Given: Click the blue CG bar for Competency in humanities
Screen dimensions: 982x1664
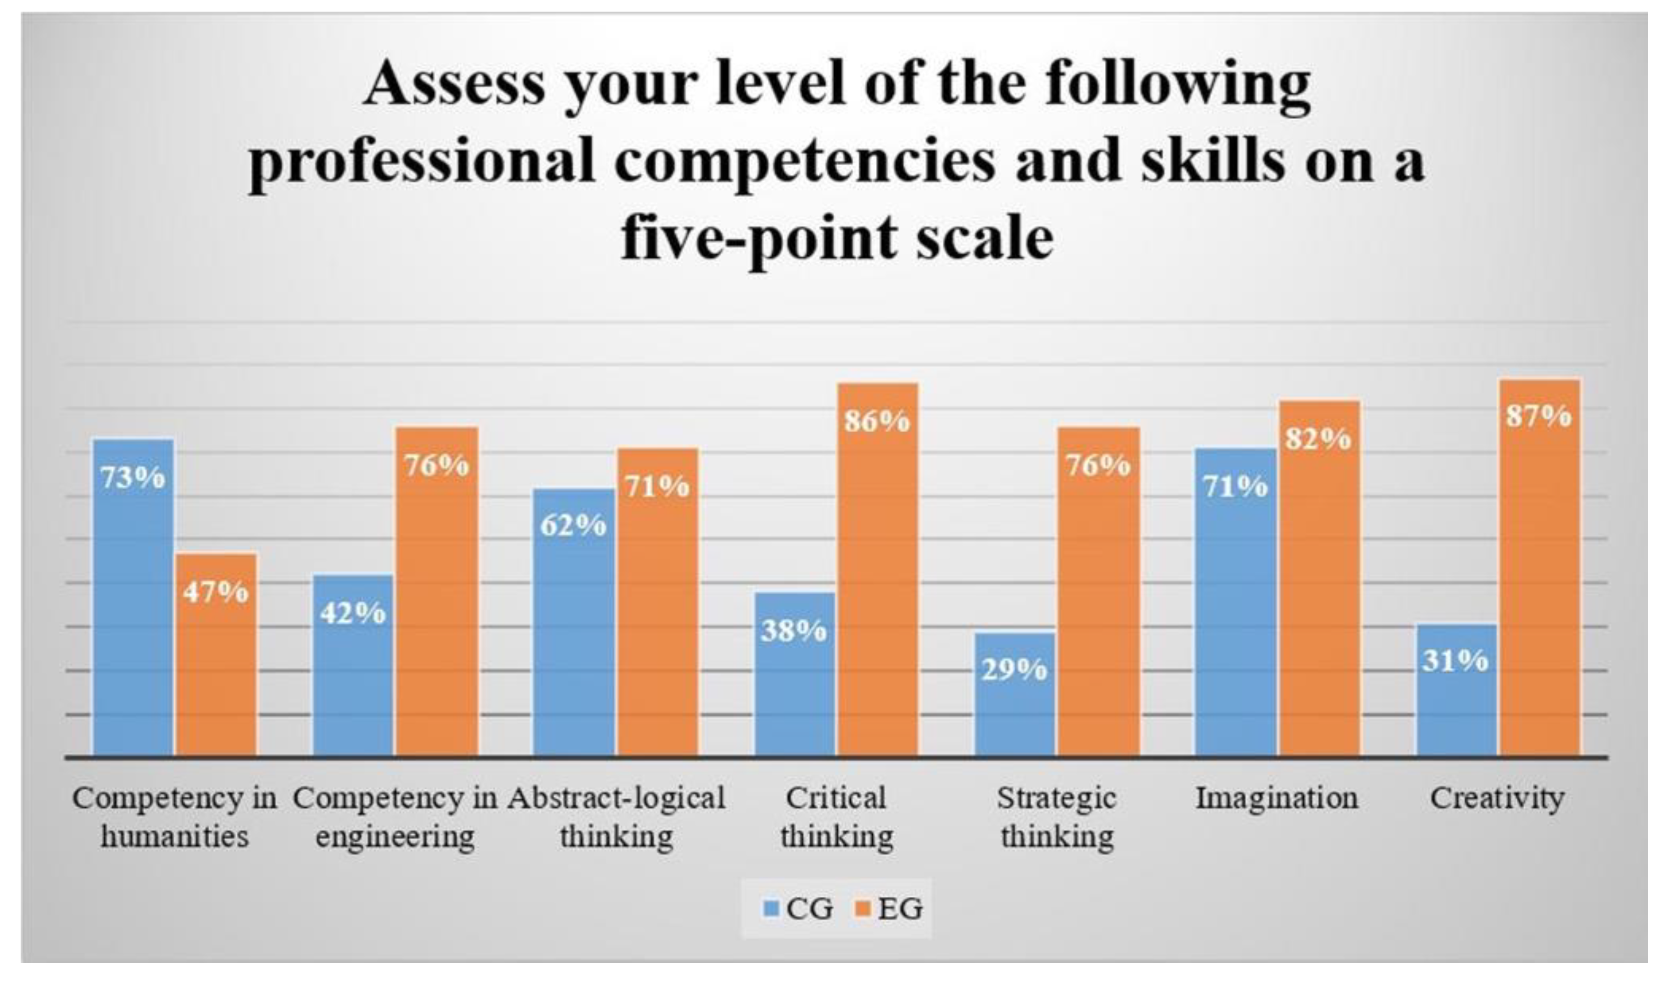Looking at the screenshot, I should [133, 595].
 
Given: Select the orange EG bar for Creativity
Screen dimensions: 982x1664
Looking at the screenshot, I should [1539, 569].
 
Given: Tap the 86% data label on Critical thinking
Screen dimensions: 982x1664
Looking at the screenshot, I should [878, 422].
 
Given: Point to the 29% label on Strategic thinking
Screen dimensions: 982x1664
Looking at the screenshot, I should [1014, 671].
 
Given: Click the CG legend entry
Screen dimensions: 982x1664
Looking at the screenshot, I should [797, 908].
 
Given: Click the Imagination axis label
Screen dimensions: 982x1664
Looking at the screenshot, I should [1277, 798].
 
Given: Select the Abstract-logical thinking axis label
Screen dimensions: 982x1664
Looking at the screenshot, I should [616, 817].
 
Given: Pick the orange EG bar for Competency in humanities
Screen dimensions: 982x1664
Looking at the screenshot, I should [217, 655].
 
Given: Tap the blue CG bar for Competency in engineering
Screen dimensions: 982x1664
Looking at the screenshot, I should [353, 665].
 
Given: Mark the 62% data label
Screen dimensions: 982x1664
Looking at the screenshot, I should [573, 525].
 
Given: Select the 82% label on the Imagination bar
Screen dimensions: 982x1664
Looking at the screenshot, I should [1319, 439].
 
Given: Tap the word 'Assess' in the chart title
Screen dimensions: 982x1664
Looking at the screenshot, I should [454, 85].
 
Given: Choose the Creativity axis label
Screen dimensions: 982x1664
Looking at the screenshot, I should [1497, 798].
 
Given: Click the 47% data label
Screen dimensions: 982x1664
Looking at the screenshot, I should [217, 592].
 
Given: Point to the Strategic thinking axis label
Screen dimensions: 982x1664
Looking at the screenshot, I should [1057, 817].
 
